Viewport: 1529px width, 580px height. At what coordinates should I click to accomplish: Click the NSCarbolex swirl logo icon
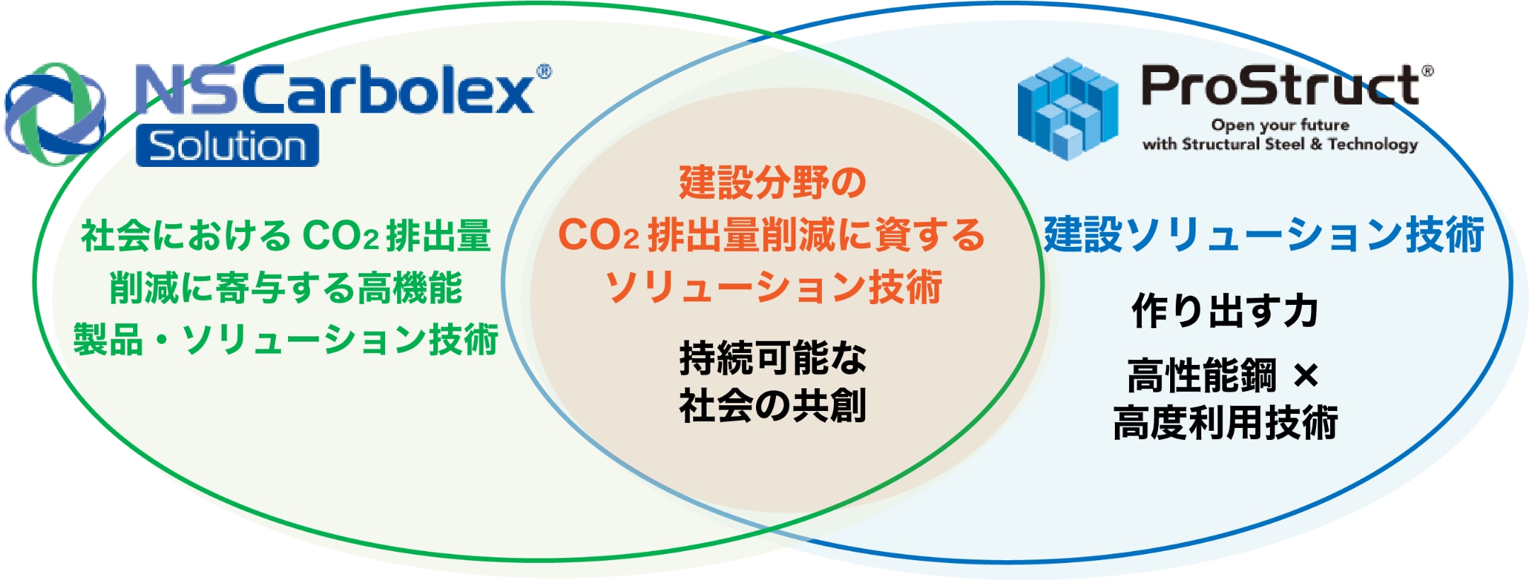coord(55,113)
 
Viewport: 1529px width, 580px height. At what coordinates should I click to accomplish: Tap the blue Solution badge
coord(227,146)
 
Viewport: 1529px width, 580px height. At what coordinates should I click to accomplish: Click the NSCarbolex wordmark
coord(334,91)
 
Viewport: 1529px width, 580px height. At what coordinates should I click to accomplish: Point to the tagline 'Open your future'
coord(1280,125)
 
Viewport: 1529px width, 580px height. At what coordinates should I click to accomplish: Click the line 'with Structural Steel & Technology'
coord(1280,144)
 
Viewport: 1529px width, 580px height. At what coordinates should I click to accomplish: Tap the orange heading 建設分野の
coord(772,182)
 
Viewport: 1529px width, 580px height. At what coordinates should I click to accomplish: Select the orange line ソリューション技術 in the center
coord(772,287)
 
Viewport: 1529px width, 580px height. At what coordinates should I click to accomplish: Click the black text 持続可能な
coord(772,358)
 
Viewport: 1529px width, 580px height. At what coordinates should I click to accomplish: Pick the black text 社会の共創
coord(772,406)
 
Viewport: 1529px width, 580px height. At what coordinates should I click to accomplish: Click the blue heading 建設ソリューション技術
coord(1264,235)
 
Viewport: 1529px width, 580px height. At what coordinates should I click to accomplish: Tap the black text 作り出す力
coord(1225,311)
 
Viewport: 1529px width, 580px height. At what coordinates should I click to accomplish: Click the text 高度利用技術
coord(1225,423)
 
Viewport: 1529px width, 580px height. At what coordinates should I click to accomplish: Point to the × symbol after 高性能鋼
coord(1305,376)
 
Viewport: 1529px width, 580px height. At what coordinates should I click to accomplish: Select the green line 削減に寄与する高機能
coord(285,288)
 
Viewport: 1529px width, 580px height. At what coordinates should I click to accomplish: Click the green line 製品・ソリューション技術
coord(285,340)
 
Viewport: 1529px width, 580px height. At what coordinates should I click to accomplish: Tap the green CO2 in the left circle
coord(340,236)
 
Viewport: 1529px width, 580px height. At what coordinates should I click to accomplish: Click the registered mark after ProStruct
coord(1427,71)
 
